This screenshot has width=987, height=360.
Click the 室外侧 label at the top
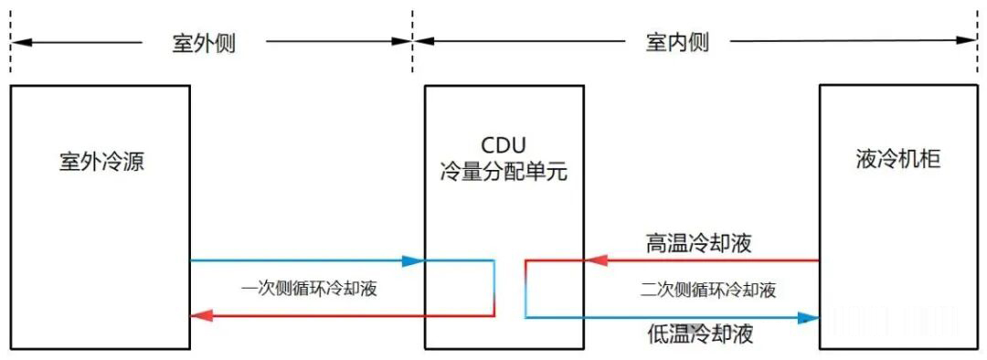(203, 43)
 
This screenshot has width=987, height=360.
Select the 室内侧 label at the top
(677, 43)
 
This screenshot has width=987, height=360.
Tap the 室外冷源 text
(101, 163)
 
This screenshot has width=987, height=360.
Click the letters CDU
(504, 147)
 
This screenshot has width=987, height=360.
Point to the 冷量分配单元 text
(504, 171)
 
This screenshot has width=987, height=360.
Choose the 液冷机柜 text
(894, 159)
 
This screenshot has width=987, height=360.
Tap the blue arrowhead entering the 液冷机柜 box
(807, 318)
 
